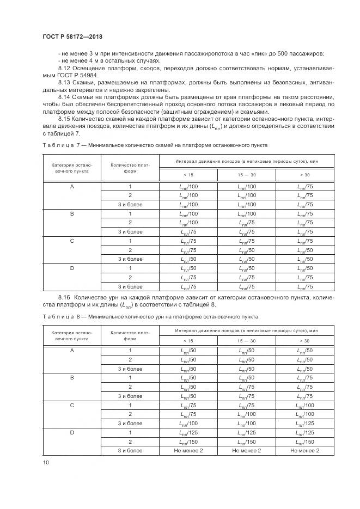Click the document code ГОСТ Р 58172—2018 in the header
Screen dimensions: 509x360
tap(72, 36)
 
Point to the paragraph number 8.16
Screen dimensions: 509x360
tap(65, 297)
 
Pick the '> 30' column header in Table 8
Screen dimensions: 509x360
tap(304, 340)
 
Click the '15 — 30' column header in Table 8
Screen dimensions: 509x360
tap(246, 340)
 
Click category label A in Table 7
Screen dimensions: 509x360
tap(72, 186)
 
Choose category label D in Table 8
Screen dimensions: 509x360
tap(72, 432)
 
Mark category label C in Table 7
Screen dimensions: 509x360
tap(72, 241)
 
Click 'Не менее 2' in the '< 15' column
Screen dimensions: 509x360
tap(188, 450)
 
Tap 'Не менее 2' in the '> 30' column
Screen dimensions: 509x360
tap(304, 450)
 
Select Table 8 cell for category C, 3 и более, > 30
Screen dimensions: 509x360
tap(304, 423)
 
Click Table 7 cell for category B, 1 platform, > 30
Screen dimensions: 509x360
tap(304, 214)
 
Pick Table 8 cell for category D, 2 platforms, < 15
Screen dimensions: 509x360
tap(188, 441)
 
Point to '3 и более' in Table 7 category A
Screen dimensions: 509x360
tap(130, 205)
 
